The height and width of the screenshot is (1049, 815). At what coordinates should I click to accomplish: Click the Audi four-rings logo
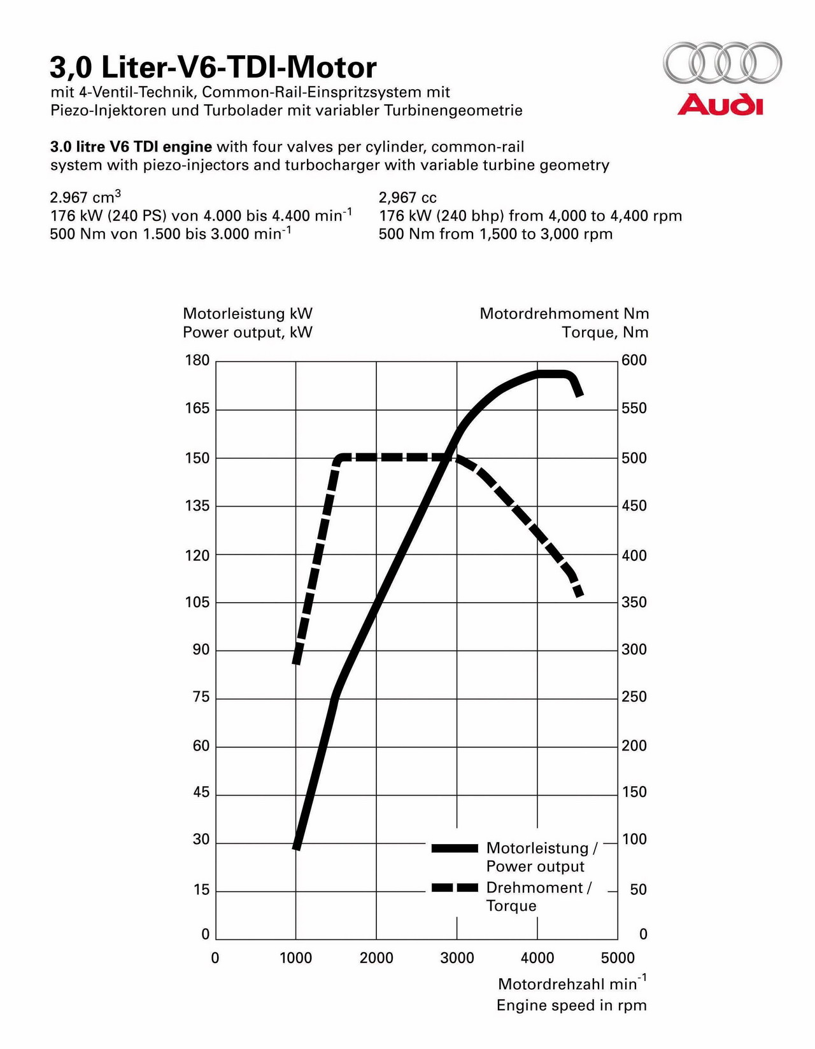tap(722, 63)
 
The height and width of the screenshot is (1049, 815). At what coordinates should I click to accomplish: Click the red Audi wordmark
tap(720, 105)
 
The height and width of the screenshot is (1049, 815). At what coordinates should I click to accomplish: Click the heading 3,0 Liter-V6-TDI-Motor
tap(213, 67)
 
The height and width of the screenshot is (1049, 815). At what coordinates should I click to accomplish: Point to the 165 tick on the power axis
tap(197, 409)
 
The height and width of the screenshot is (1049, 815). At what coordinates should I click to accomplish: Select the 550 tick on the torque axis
tap(634, 409)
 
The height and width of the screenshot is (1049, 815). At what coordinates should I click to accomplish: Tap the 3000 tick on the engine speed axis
tap(457, 958)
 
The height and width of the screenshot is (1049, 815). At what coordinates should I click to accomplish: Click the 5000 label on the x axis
tap(618, 958)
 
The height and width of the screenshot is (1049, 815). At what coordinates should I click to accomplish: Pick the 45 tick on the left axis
tap(201, 792)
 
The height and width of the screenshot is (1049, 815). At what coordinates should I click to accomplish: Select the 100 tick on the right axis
tap(634, 840)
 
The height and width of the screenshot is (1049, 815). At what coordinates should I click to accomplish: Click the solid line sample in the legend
tap(455, 848)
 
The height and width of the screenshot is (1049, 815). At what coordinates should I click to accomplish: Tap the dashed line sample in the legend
tap(455, 887)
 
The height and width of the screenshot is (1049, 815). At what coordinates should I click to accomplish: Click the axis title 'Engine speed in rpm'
tap(572, 1006)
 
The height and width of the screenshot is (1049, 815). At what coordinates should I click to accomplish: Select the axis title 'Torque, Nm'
tap(605, 333)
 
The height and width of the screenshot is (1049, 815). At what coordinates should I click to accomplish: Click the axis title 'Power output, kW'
tap(248, 333)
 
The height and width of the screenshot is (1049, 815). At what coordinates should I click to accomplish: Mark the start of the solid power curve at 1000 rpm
tap(297, 848)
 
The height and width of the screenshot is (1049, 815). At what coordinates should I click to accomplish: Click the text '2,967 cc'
tap(407, 197)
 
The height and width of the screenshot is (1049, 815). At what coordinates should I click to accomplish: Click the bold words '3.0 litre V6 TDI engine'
tap(131, 147)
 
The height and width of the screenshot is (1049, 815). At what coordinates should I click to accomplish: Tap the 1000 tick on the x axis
tap(296, 958)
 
